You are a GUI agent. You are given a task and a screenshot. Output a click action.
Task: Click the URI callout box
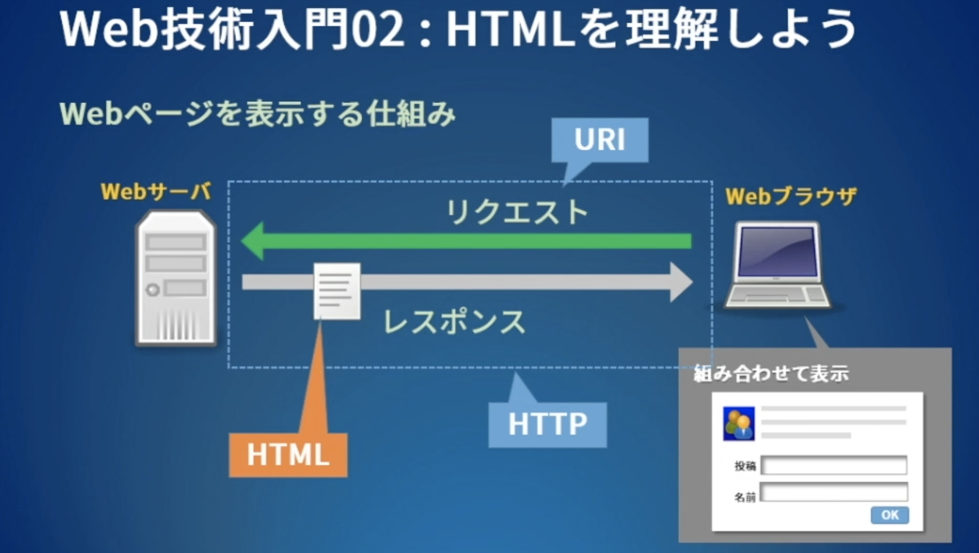[600, 140]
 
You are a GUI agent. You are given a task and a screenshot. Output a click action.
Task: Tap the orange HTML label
[288, 455]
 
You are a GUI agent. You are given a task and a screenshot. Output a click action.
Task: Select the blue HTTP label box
[547, 424]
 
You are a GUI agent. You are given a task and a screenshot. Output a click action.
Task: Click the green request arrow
[465, 241]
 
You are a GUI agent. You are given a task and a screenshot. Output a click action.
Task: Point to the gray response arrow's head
[679, 281]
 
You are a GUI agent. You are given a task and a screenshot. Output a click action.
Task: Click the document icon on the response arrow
[337, 290]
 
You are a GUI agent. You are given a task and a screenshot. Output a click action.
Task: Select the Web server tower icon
[175, 277]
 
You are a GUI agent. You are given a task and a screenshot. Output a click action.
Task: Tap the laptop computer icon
[776, 265]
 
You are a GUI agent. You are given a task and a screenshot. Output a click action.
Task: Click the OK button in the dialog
[889, 515]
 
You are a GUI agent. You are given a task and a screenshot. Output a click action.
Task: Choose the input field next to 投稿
[834, 466]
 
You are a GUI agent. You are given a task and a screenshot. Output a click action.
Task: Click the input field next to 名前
[834, 493]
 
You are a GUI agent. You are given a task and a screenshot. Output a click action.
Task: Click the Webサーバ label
[156, 192]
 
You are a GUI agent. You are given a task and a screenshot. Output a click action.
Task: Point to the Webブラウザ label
[791, 197]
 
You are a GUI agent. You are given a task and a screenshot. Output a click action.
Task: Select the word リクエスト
[516, 212]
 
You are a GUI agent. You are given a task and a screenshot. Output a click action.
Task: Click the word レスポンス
[454, 321]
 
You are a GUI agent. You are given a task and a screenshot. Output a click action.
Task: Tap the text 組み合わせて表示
[771, 374]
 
